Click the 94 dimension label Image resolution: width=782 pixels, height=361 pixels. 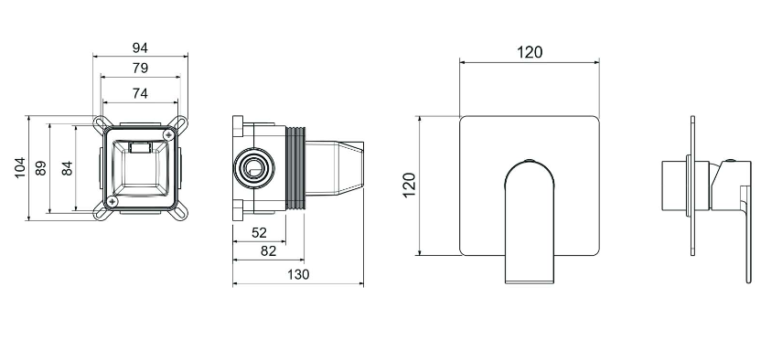coord(140,48)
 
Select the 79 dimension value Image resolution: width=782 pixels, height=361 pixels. coord(140,69)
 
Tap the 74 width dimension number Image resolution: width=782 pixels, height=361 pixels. coord(140,93)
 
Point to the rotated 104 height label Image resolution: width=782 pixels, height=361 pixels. coord(19,168)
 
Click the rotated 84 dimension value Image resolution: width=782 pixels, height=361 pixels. coord(67,168)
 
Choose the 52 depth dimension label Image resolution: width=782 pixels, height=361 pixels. coord(260,232)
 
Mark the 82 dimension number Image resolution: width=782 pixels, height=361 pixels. coord(268,250)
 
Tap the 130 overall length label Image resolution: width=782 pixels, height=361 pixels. coord(298,274)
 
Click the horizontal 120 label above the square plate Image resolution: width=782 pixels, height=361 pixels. coord(530,52)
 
